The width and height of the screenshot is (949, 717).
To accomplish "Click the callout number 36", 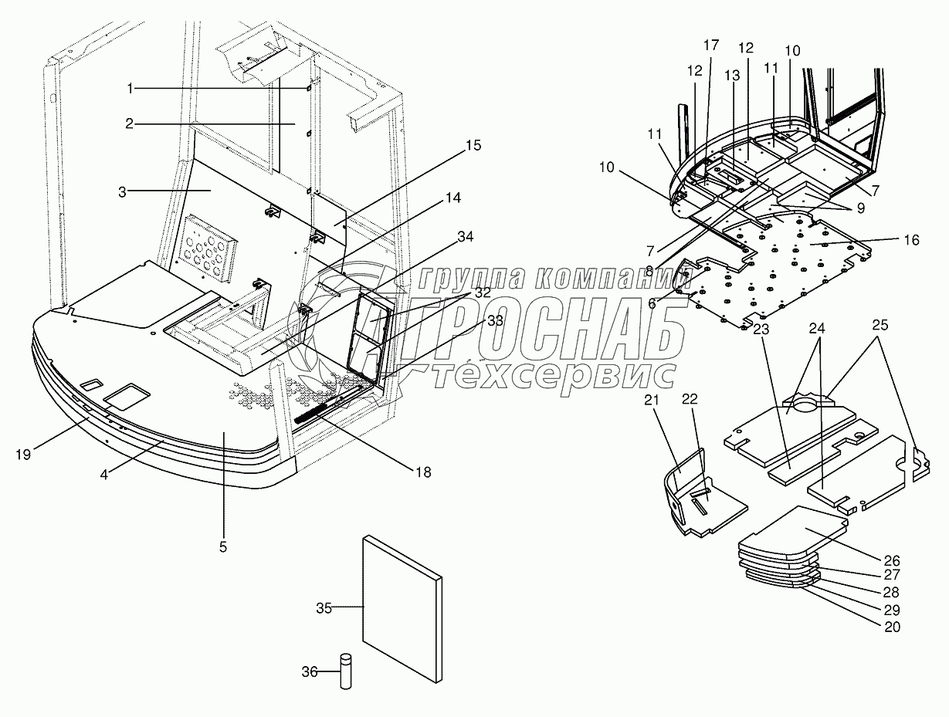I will point(308,671).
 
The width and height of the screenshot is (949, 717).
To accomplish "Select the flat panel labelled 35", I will point(402,610).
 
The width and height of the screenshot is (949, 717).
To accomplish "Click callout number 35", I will point(324,608).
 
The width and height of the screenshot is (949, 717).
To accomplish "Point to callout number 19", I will point(23,454).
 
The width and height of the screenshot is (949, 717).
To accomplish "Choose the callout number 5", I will point(222,547).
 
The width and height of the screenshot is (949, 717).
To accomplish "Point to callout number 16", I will point(911,240).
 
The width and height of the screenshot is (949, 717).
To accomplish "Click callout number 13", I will point(732,76).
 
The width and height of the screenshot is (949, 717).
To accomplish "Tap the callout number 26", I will point(892,560).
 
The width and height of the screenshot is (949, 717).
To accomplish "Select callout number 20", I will point(892,627).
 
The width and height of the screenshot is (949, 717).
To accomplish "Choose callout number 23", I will point(761,328).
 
